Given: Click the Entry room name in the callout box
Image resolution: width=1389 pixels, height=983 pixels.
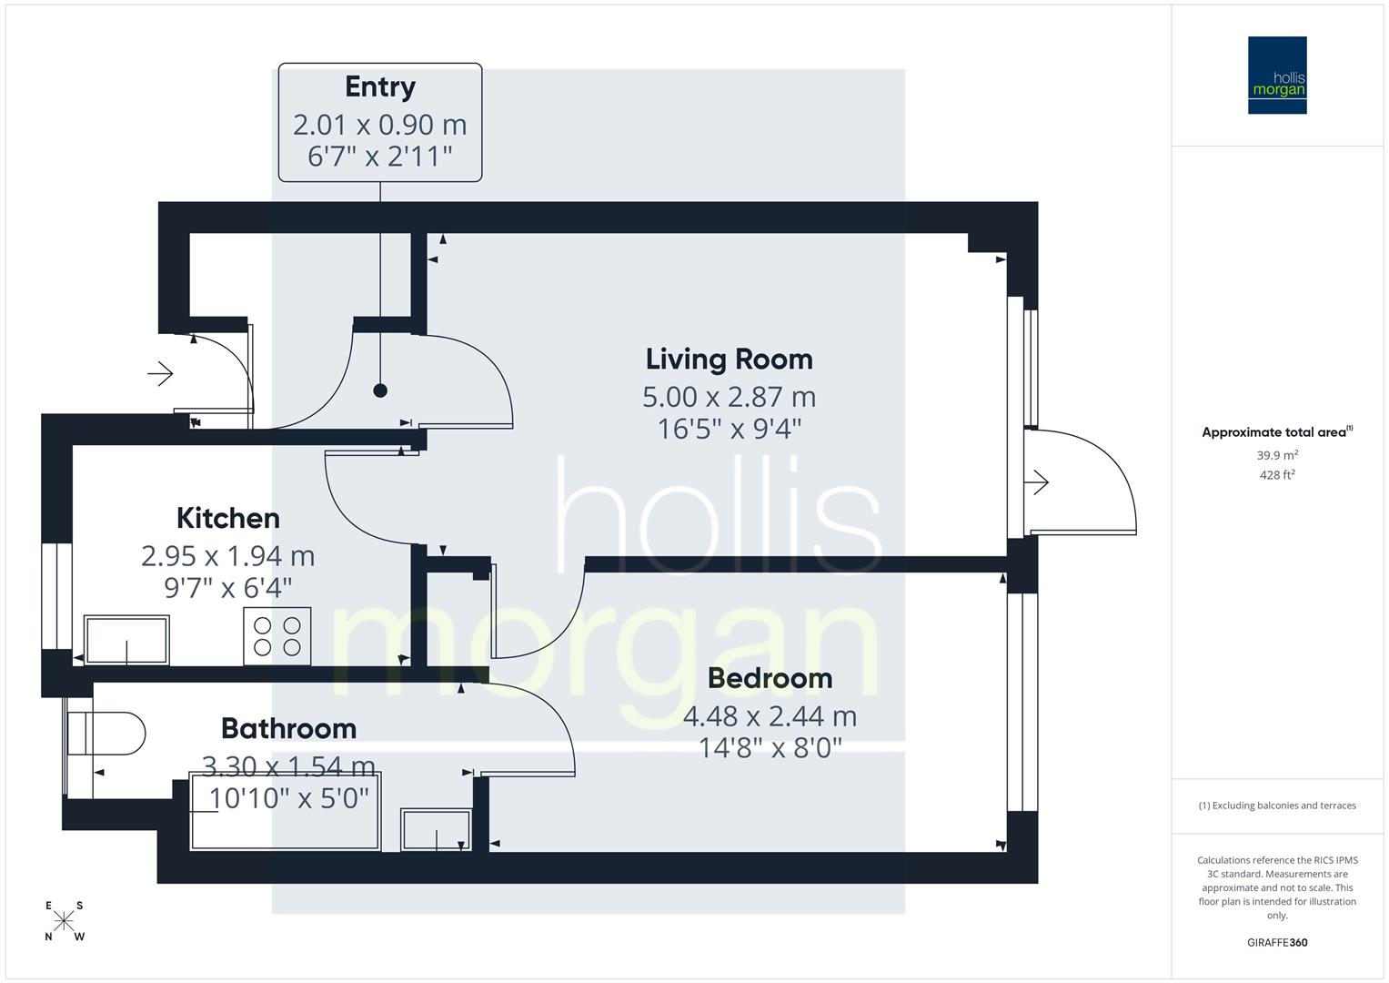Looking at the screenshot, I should [x=380, y=87].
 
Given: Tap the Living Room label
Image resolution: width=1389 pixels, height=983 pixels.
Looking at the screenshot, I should [x=729, y=360].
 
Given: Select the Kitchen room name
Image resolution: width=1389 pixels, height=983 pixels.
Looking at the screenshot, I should [x=227, y=518].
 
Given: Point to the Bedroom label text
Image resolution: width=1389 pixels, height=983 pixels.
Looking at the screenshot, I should [x=770, y=678].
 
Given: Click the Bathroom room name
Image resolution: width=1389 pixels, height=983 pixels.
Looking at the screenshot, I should [x=288, y=728].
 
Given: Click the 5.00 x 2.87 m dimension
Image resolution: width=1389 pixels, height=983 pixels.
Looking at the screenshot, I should [x=729, y=397].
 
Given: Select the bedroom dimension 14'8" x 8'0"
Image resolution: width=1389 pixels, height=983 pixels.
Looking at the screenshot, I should [x=770, y=748].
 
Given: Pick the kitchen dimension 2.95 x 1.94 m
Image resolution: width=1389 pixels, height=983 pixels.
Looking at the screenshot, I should [x=227, y=555].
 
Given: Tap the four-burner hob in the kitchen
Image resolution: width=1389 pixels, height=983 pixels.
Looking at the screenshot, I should [x=277, y=635].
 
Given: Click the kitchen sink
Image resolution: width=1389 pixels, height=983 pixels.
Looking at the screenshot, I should [x=126, y=640].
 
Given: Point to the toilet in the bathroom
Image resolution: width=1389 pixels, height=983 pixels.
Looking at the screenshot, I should [x=107, y=734].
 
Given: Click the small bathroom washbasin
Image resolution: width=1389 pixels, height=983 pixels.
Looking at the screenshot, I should [x=436, y=829].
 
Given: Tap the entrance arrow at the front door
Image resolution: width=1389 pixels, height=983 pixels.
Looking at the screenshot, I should [x=161, y=373].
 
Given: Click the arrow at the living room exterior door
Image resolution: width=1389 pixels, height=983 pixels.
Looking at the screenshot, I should [x=1039, y=482].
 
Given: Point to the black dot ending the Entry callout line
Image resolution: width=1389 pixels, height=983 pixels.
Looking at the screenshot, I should [x=380, y=390].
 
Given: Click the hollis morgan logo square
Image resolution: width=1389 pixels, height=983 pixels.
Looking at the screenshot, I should [x=1277, y=76].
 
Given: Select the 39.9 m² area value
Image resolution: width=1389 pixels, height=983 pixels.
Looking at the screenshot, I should [x=1277, y=455].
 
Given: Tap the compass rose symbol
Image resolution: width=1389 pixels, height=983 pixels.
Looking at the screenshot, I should [x=64, y=920].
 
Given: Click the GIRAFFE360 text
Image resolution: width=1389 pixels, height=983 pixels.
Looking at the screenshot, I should [x=1277, y=942].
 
